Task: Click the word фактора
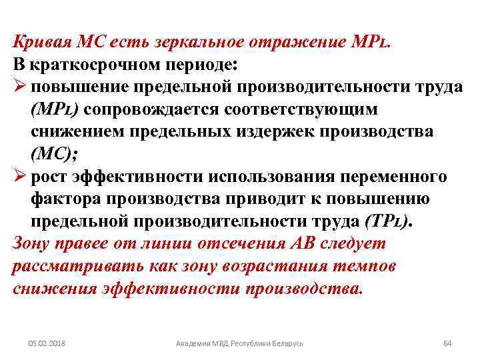[63, 199]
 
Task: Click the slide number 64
[447, 343]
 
